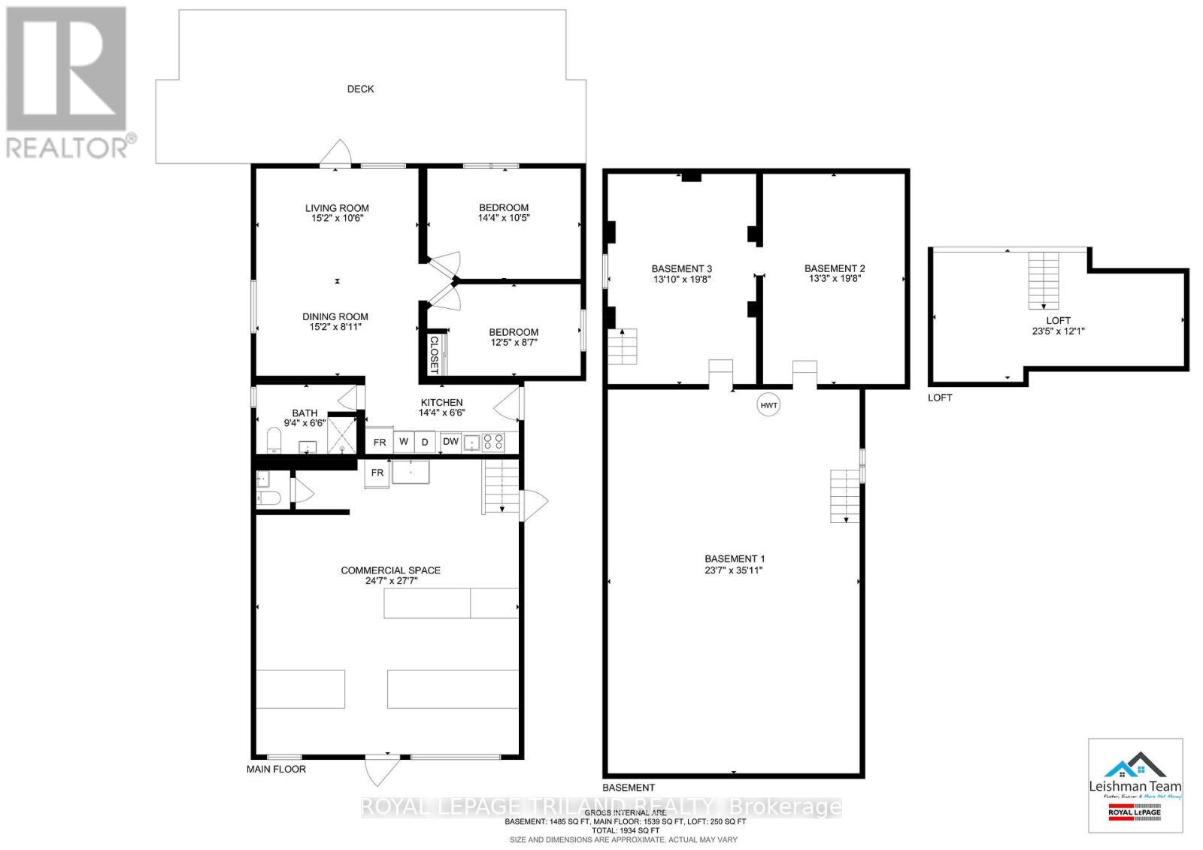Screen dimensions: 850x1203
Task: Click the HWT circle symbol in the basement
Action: (x=768, y=405)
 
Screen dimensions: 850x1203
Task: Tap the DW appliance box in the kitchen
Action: (x=450, y=441)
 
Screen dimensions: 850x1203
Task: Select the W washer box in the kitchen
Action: (x=404, y=442)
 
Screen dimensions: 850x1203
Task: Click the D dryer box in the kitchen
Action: (x=425, y=442)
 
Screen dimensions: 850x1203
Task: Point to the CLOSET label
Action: (x=434, y=355)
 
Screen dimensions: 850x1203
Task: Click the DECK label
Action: (x=360, y=89)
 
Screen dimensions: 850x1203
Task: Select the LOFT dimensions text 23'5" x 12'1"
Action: (x=1058, y=331)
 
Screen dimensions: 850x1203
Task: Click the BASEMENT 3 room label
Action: (x=681, y=268)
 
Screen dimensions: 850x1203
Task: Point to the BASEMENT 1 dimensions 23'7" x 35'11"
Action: (x=734, y=570)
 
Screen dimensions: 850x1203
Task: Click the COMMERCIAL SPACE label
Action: (x=390, y=570)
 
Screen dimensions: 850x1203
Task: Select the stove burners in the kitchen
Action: (x=493, y=442)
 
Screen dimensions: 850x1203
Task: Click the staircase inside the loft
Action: (x=1044, y=280)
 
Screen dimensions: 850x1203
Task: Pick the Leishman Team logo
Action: (x=1135, y=785)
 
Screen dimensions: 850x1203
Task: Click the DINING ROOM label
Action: (x=335, y=316)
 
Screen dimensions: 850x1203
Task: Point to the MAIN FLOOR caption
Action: (x=276, y=769)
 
